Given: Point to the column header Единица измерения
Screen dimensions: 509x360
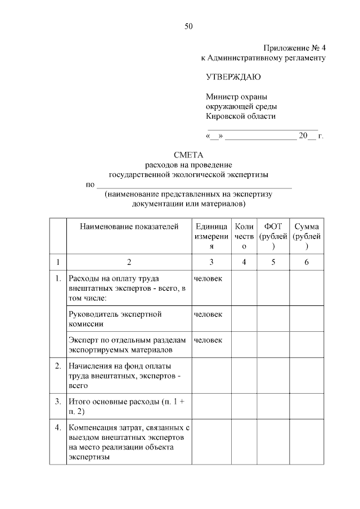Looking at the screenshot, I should point(211,236).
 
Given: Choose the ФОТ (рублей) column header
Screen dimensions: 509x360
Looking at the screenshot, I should point(273,236).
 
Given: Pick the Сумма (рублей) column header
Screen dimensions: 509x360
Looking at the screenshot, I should point(307,236).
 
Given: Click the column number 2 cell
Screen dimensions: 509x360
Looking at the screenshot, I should point(129,262).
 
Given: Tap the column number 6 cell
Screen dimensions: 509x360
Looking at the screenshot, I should point(307,262).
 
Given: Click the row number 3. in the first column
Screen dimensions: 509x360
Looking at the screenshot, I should point(57,402).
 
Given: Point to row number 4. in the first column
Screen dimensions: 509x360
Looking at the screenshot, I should point(57,428).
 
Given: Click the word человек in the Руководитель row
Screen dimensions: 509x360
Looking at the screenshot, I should point(208,314).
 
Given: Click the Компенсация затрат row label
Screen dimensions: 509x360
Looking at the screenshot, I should point(129,443).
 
